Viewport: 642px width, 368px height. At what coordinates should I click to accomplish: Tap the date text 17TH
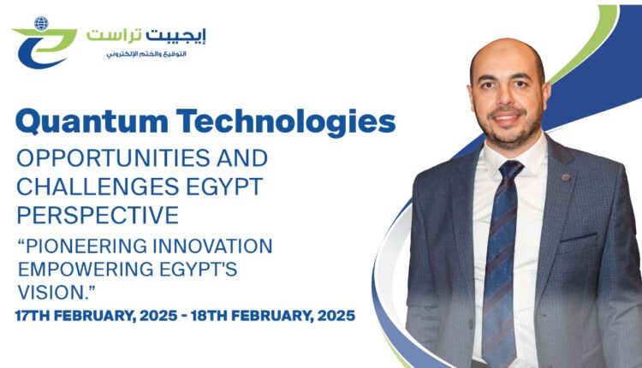coord(36,316)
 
